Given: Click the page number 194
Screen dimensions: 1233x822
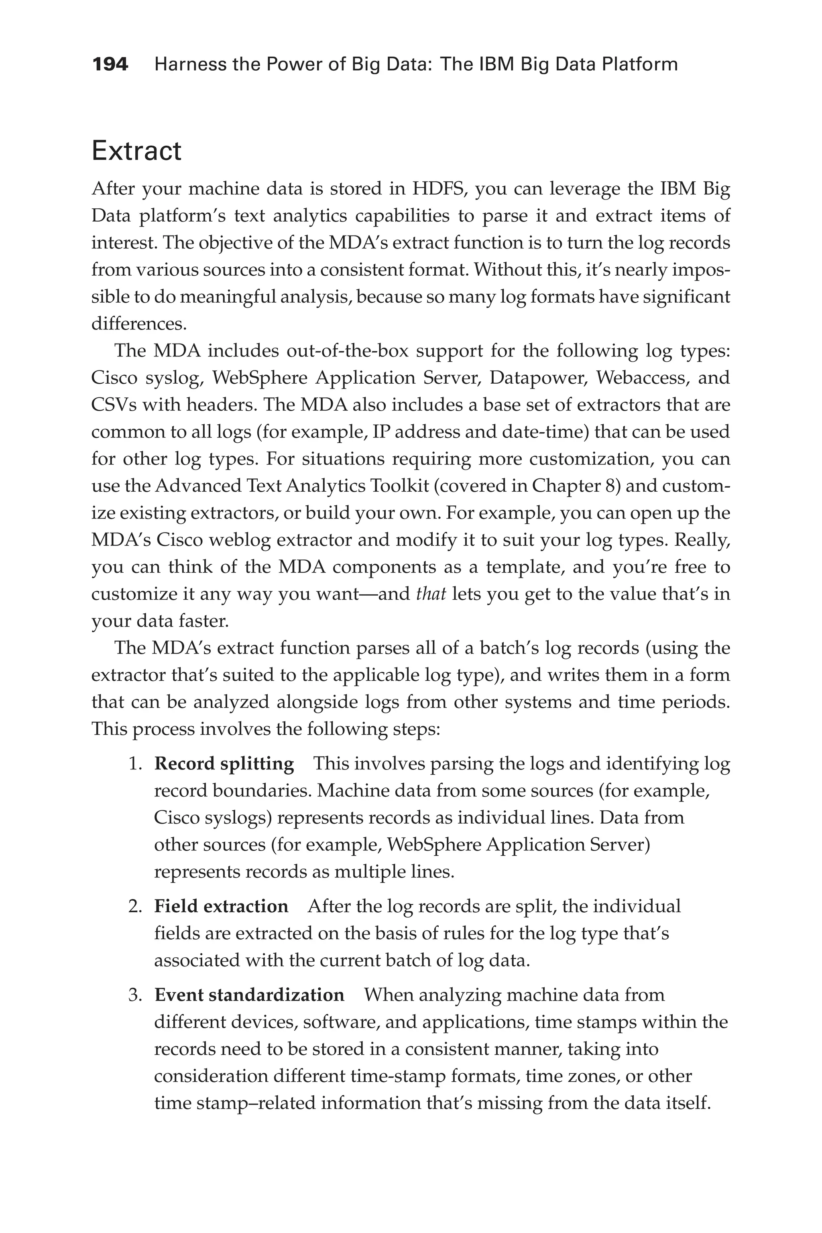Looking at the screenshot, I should pyautogui.click(x=110, y=65).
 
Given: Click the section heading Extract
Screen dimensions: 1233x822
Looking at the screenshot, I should pyautogui.click(x=136, y=151).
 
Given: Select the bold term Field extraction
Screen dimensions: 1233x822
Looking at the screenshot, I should pyautogui.click(x=221, y=906).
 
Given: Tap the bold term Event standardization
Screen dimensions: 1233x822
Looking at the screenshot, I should pyautogui.click(x=249, y=995).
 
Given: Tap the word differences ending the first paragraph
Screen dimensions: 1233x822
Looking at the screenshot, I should pyautogui.click(x=138, y=324).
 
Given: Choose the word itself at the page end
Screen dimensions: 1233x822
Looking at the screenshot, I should pyautogui.click(x=688, y=1103).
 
